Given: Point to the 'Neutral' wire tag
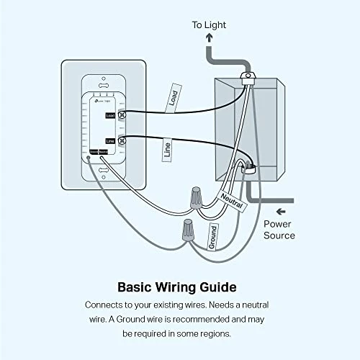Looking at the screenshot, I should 234,200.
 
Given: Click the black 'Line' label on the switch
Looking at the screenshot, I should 109,140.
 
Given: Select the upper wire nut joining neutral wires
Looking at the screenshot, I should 195,197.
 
